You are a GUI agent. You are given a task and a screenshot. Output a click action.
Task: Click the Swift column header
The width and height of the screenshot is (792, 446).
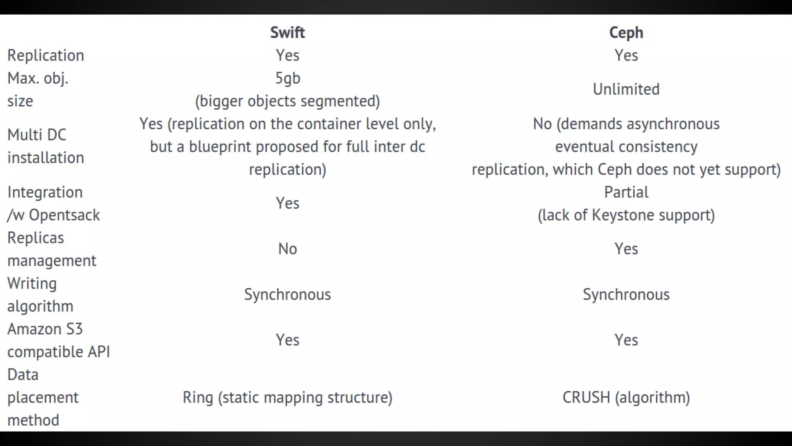(287, 33)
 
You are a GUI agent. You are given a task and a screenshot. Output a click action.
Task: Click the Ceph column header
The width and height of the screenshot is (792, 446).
(626, 33)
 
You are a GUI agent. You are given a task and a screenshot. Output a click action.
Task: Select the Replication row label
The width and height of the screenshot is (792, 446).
(46, 55)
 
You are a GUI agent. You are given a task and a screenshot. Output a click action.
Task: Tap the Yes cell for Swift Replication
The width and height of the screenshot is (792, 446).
(287, 55)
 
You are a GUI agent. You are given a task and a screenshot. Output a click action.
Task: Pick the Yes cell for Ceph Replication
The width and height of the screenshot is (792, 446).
(626, 55)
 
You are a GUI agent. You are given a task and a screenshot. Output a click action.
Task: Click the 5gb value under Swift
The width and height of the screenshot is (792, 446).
(287, 79)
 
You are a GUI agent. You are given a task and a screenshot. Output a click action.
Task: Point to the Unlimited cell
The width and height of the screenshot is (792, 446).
(626, 89)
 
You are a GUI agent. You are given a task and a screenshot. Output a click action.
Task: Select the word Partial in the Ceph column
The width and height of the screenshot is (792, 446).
(626, 192)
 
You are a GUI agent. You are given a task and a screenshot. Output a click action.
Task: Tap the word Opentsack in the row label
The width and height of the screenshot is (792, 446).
(65, 215)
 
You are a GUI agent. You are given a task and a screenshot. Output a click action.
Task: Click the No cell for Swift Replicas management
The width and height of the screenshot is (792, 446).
(287, 249)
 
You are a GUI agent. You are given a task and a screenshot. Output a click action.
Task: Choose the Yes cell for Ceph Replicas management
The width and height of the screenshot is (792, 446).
(626, 249)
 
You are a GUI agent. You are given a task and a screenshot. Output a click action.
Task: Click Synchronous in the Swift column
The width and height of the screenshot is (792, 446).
(287, 295)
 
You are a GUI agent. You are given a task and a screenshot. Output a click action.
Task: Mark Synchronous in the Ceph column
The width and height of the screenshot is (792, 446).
(626, 295)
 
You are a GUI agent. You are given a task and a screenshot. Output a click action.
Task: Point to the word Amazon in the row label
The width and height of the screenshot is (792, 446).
(34, 329)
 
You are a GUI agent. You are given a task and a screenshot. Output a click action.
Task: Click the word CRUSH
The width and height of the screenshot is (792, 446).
(586, 398)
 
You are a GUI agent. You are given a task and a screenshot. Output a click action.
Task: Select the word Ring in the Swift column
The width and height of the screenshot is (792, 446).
(198, 398)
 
